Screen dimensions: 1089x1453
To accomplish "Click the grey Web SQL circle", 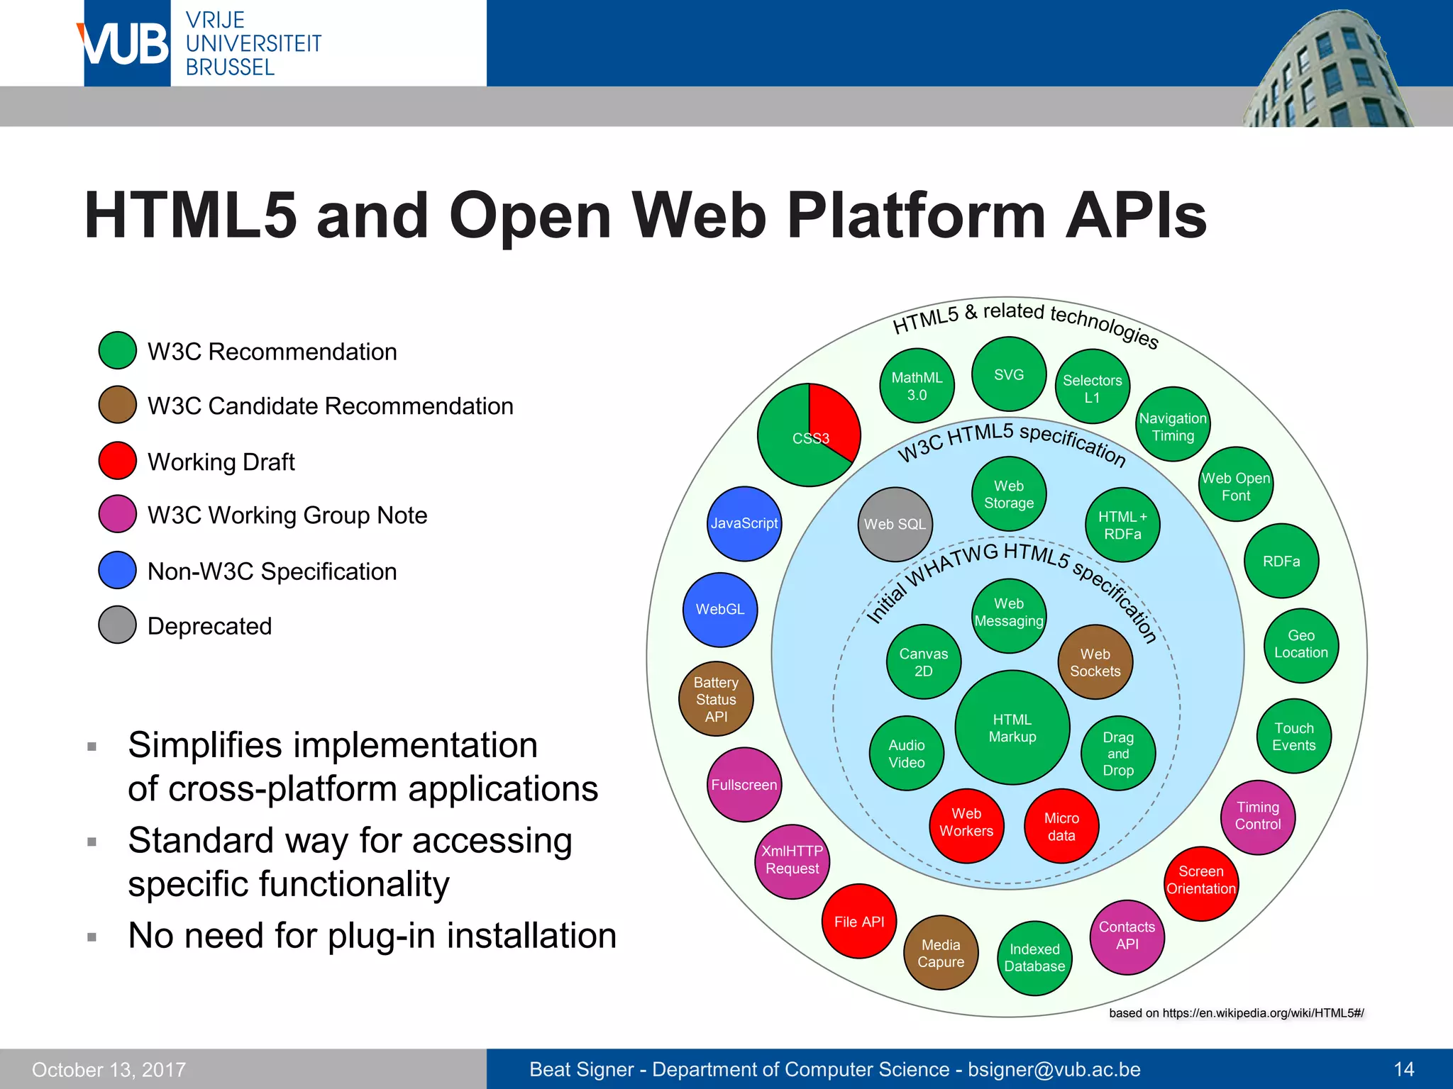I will coord(895,524).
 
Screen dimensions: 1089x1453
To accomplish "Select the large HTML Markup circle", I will coord(1012,727).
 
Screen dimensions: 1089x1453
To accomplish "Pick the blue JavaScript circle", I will coord(744,523).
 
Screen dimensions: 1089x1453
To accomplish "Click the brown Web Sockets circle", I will coord(1095,662).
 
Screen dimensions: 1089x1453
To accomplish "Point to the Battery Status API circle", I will coord(716,699).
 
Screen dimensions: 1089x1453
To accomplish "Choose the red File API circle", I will coord(859,922).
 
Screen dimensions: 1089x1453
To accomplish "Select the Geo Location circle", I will coord(1301,644).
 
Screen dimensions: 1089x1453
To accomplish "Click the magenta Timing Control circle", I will coord(1258,817).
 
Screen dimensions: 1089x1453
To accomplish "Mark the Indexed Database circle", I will coord(1034,958).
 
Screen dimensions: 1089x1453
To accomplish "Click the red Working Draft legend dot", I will coord(118,461).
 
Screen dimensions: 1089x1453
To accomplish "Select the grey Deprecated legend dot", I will coord(118,625).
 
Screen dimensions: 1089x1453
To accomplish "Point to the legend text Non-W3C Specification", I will coord(272,571).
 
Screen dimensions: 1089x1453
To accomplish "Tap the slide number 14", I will coord(1403,1069).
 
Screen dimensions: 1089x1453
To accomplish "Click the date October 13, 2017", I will coord(109,1070).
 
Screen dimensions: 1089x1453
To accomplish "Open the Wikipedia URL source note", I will coord(1236,1013).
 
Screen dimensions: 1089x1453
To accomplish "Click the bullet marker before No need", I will coord(92,937).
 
